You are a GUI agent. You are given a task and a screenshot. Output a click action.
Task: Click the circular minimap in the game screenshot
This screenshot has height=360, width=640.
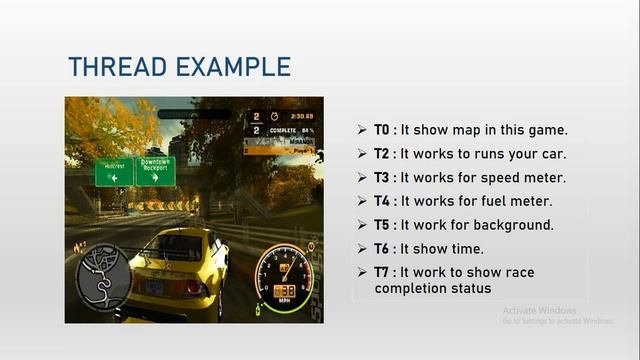(x=100, y=273)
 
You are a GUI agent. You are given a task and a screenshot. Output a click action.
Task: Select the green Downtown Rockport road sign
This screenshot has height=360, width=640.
(x=155, y=170)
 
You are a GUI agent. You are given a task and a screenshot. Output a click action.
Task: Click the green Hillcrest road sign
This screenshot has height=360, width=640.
(x=114, y=172)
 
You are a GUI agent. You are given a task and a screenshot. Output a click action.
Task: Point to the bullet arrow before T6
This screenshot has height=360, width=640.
(x=363, y=248)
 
